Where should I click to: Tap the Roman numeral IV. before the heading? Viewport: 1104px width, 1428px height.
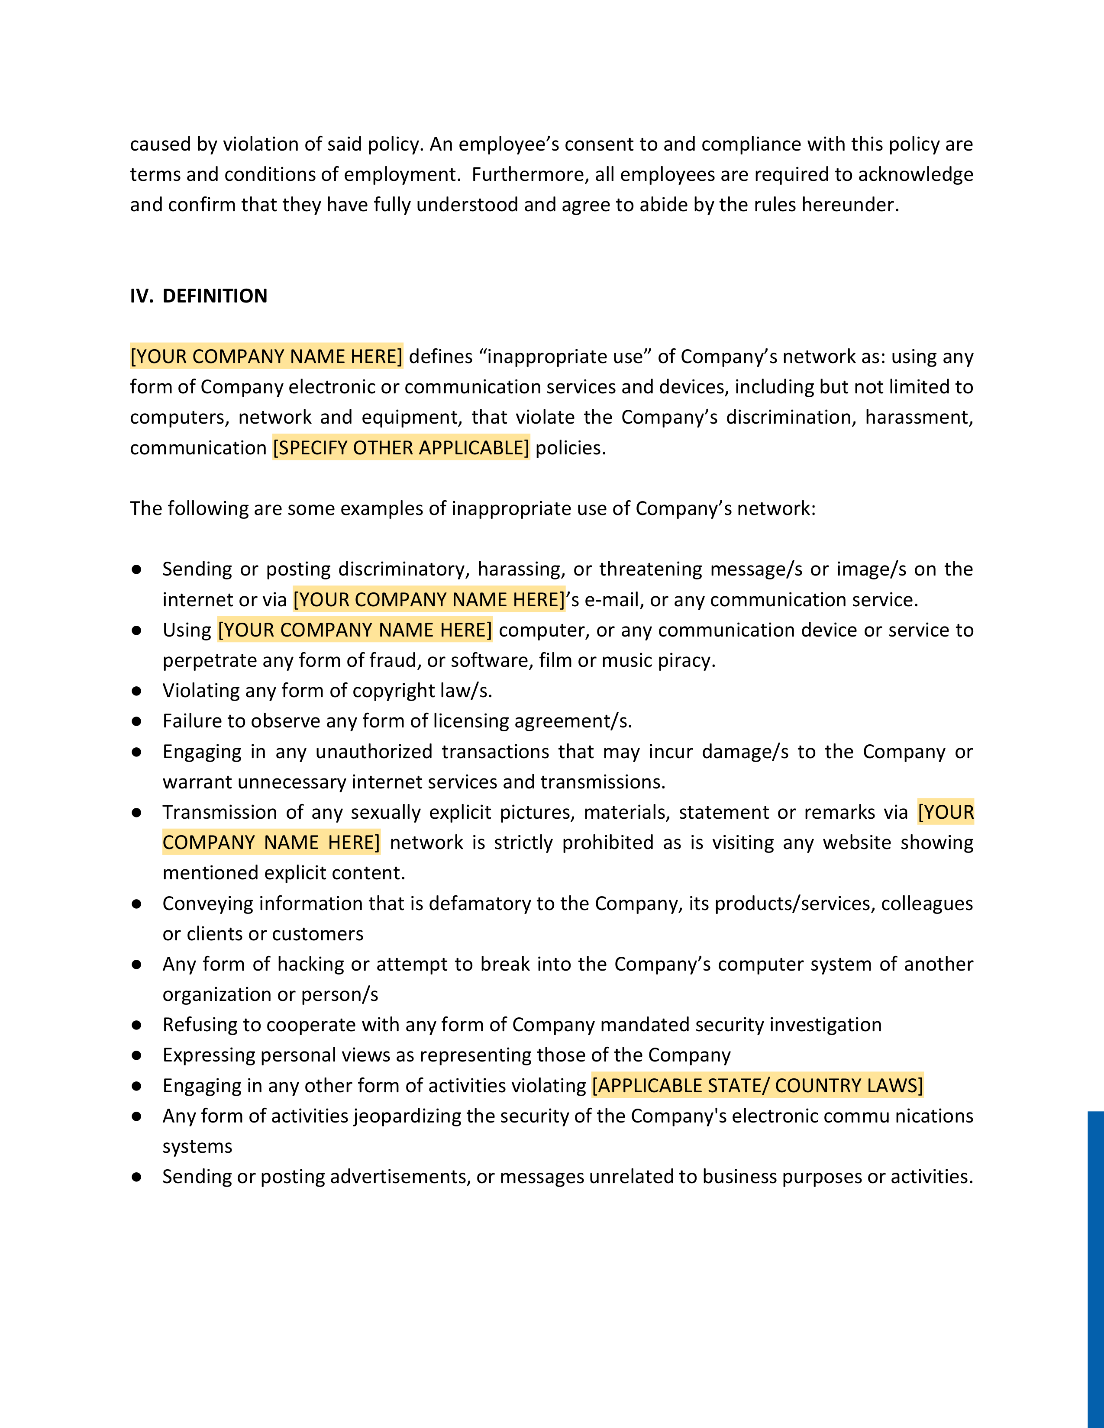pyautogui.click(x=141, y=296)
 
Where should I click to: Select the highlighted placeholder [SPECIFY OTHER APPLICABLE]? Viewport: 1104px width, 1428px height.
pyautogui.click(x=401, y=448)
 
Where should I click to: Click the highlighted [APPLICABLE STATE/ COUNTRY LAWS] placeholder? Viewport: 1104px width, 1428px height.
pyautogui.click(x=757, y=1085)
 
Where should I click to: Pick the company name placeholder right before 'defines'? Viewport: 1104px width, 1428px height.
pyautogui.click(x=266, y=356)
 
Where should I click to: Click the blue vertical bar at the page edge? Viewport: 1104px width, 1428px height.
pyautogui.click(x=1095, y=1268)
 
